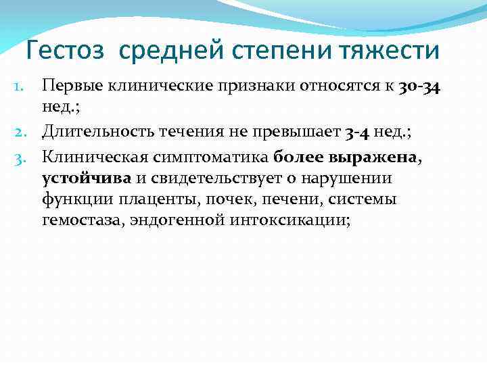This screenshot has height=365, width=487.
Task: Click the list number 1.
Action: [x=20, y=87]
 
